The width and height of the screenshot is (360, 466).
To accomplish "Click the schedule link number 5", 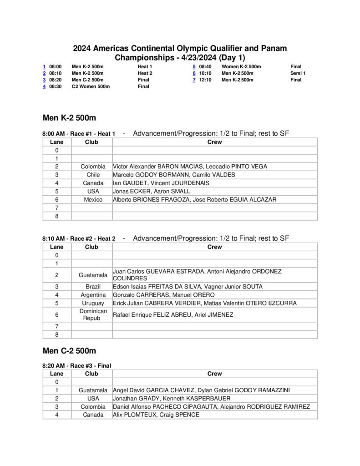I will (194, 66).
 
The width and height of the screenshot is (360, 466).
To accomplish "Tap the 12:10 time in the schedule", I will (205, 80).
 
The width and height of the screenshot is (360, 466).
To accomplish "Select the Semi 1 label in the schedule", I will (298, 73).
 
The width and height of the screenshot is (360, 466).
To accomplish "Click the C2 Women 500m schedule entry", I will (91, 86).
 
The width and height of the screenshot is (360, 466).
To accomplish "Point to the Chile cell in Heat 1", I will (93, 175).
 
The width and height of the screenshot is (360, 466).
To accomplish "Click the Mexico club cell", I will (93, 199).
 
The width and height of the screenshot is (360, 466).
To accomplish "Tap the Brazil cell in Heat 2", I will (93, 287).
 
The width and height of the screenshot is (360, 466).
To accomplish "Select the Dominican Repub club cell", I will (93, 314).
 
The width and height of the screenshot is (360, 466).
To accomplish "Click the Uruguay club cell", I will (93, 303).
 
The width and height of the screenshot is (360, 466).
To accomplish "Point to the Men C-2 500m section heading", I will (69, 351).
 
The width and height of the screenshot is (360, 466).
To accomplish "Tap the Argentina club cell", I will (93, 295).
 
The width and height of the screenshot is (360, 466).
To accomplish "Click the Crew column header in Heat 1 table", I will (214, 142).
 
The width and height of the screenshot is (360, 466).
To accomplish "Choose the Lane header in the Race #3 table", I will (57, 374).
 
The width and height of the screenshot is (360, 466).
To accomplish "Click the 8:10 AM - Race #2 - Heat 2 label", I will (79, 238).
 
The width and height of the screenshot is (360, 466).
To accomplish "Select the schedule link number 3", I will (44, 80).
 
